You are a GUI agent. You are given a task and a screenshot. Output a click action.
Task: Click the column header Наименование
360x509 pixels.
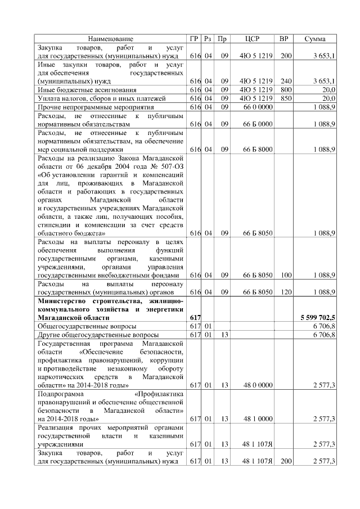110,39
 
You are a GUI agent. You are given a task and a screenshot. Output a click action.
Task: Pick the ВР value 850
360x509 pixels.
286,98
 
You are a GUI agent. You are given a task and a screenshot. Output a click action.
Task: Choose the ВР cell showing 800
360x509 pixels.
286,89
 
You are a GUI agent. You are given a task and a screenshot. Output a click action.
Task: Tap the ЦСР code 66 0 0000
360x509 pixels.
258,106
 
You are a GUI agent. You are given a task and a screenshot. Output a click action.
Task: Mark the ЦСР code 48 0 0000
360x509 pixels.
258,385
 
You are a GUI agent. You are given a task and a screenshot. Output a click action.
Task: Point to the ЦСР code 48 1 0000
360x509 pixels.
258,418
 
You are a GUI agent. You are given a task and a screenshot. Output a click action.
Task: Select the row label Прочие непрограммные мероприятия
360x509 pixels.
87,106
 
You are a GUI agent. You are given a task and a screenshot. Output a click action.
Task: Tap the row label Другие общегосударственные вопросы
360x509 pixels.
93,335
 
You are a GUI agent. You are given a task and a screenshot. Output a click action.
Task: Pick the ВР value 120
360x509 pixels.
286,292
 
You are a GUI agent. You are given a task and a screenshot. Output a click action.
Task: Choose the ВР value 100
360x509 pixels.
286,275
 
